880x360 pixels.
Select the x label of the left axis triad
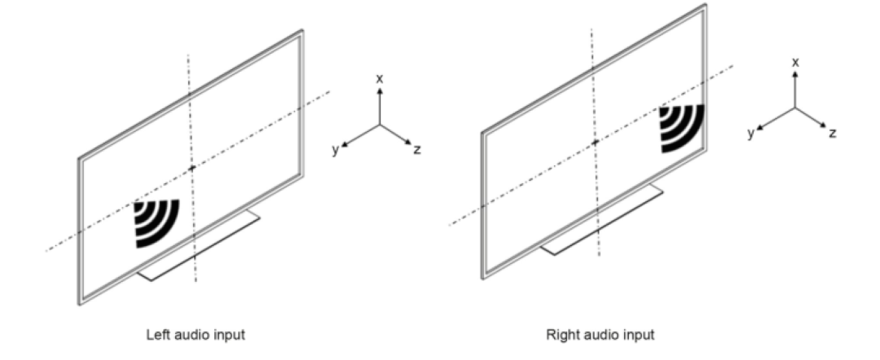pos(380,78)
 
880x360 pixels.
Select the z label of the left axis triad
pos(417,150)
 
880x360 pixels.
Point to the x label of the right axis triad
pos(796,62)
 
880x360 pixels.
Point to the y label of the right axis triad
pos(751,134)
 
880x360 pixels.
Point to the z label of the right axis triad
pos(832,133)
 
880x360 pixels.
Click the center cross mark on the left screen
pos(191,168)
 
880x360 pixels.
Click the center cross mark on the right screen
pos(595,142)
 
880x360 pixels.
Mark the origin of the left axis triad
pos(380,125)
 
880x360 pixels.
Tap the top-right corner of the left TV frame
pos(302,32)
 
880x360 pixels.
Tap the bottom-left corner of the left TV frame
pos(80,304)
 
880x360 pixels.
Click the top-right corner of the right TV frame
pos(705,6)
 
